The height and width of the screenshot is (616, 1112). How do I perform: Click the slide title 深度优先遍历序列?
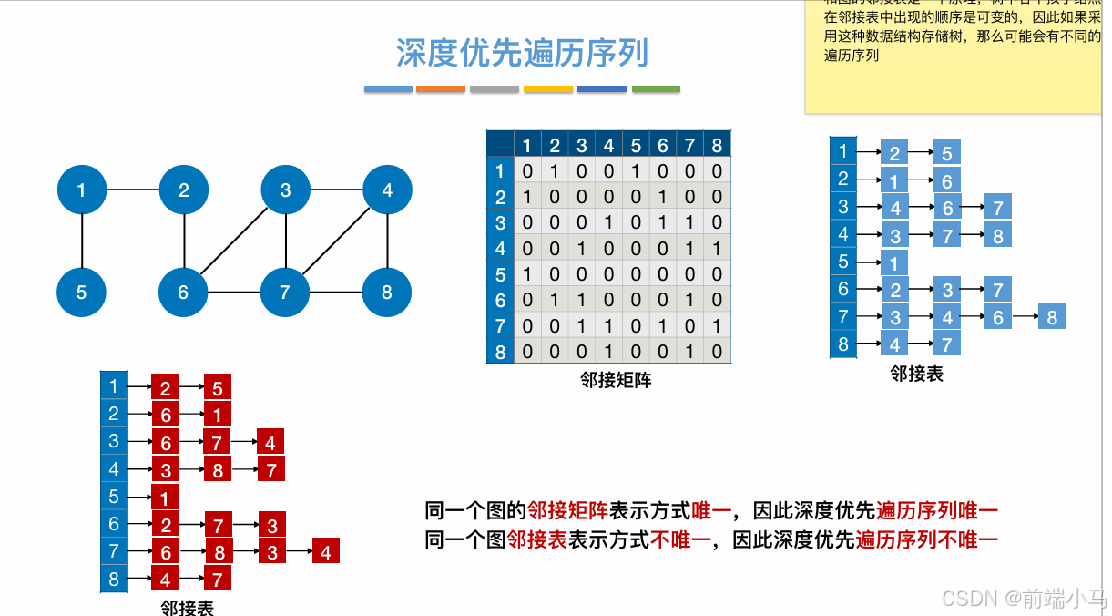(x=522, y=53)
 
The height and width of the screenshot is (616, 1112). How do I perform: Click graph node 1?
(x=82, y=190)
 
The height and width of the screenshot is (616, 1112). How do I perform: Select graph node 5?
(x=82, y=293)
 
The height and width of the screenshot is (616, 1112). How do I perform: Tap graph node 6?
(x=184, y=293)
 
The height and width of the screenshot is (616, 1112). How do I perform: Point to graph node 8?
(x=387, y=293)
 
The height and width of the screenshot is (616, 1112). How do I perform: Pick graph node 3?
(x=286, y=190)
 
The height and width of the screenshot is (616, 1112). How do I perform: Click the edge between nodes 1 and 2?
(x=133, y=190)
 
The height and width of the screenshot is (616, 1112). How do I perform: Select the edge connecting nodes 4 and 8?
(x=388, y=241)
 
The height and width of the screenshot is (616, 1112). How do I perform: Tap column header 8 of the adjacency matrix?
(x=717, y=145)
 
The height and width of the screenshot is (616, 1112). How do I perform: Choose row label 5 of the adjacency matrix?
(x=499, y=274)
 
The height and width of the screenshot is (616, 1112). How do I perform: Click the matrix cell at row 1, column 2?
(x=554, y=170)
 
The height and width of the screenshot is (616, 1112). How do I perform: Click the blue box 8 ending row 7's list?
(x=1052, y=317)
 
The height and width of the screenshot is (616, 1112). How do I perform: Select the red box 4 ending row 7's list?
(x=325, y=551)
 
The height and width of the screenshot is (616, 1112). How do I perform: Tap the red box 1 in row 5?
(x=164, y=498)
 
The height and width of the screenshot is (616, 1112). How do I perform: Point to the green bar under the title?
(x=656, y=89)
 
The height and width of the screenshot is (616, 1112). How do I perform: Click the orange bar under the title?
(x=441, y=89)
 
